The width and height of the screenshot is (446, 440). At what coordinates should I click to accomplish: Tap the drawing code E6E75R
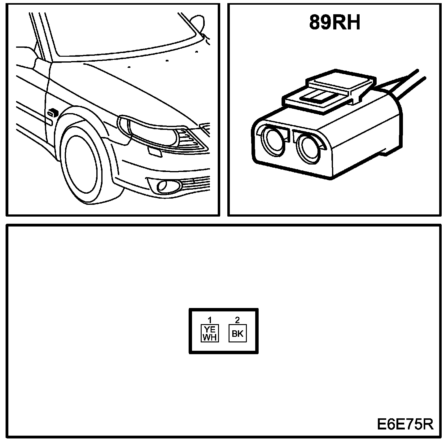click(x=405, y=424)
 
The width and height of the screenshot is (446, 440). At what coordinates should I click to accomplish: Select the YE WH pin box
click(x=210, y=333)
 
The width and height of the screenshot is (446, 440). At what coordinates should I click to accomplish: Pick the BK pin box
click(x=238, y=333)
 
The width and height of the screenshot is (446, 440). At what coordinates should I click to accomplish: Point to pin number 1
click(x=210, y=319)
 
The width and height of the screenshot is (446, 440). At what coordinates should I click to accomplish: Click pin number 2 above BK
click(x=238, y=319)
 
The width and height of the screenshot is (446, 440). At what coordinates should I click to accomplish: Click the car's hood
click(x=133, y=87)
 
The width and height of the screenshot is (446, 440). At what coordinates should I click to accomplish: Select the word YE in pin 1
click(x=210, y=330)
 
